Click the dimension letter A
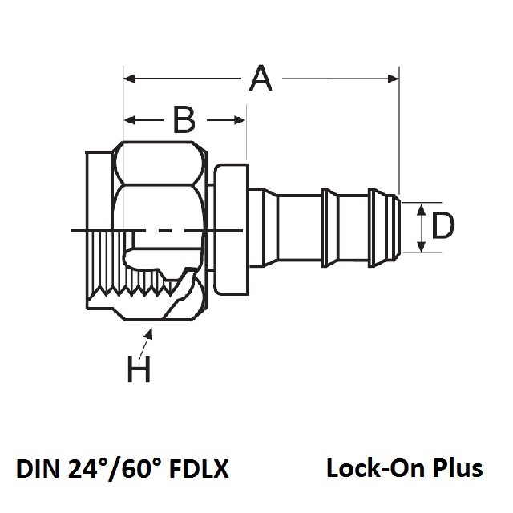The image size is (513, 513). click(261, 79)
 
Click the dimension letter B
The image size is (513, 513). click(184, 120)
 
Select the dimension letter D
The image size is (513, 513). click(442, 227)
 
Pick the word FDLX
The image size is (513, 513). click(204, 467)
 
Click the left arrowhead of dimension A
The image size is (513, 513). click(128, 79)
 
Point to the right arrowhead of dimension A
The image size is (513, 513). click(394, 79)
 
